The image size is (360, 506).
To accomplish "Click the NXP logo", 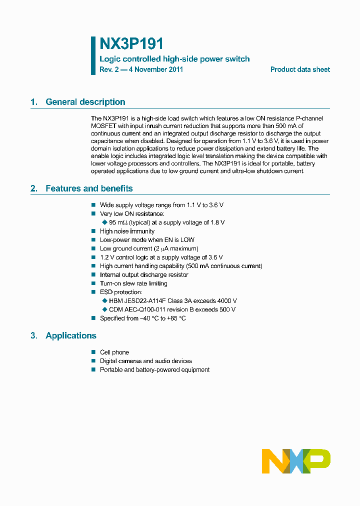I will tap(296, 460).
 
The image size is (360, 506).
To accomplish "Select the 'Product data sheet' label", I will tap(300, 69).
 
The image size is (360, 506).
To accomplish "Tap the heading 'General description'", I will tap(85, 102).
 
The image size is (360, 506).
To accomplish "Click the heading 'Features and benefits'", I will tap(89, 188).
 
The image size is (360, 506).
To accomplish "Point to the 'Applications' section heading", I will tap(70, 335).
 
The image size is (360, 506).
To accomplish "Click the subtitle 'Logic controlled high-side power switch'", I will tap(174, 59).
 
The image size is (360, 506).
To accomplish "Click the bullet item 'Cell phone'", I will tap(114, 352).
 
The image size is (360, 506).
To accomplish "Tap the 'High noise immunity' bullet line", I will tap(127, 231).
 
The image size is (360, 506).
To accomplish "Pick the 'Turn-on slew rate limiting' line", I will tap(133, 283).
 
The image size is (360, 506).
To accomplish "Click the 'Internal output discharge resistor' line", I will tap(144, 274).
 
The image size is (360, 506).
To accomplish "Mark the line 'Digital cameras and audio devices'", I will tap(145, 361).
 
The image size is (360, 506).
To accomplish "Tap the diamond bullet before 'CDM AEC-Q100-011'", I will tap(104, 309).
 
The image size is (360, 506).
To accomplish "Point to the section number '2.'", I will tap(33, 188).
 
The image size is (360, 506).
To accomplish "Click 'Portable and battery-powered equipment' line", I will tap(154, 370).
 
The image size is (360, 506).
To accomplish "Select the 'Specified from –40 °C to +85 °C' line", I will tap(142, 318).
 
